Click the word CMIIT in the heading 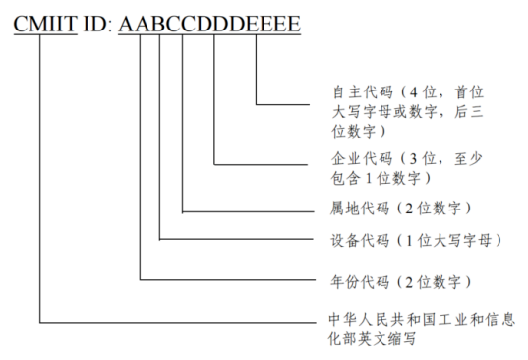(x=44, y=22)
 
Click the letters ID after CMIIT (x=95, y=22)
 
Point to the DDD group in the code (x=218, y=22)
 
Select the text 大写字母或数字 (x=388, y=110)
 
